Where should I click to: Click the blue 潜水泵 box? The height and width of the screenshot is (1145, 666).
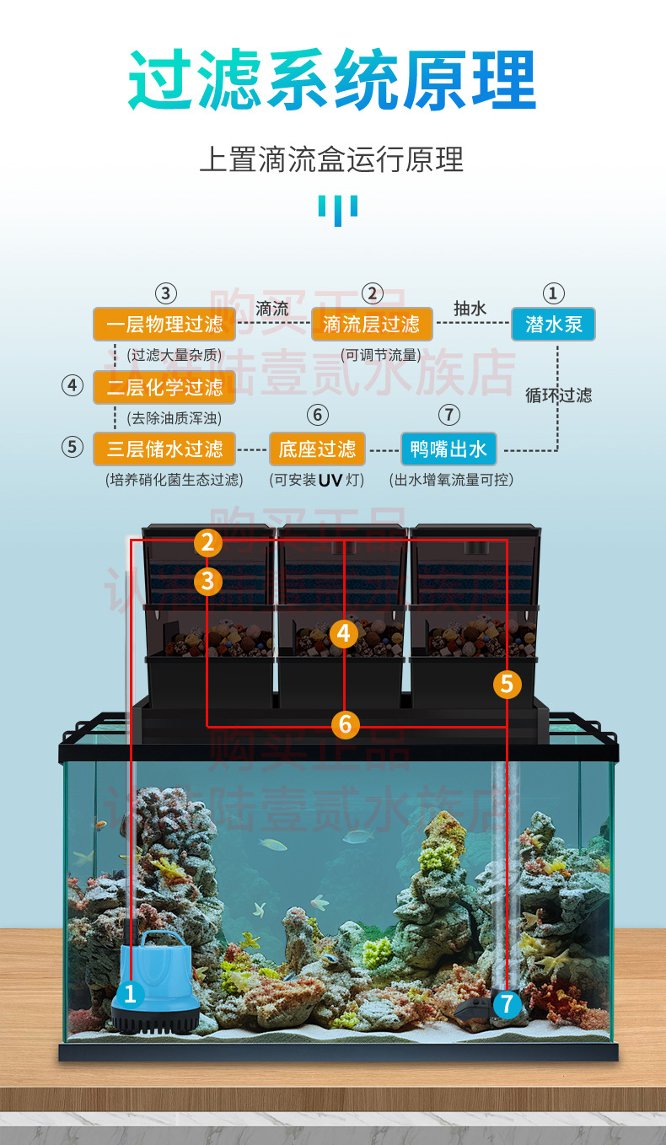(x=553, y=325)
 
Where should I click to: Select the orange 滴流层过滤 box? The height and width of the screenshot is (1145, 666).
(x=372, y=325)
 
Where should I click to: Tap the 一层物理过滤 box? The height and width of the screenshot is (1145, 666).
(x=164, y=325)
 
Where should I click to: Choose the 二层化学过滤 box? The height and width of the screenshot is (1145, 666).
(x=164, y=388)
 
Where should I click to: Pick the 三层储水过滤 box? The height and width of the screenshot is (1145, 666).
(x=164, y=449)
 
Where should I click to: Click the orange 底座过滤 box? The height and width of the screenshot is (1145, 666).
(x=317, y=449)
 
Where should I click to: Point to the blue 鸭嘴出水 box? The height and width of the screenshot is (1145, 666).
(x=448, y=449)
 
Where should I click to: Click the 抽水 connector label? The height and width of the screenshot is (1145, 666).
(x=470, y=309)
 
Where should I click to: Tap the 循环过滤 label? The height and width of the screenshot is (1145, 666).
(x=558, y=395)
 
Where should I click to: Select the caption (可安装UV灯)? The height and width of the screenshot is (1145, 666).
(x=317, y=480)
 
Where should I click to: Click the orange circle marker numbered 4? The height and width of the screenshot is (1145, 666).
(x=343, y=632)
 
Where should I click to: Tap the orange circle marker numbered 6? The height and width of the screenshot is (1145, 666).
(x=345, y=723)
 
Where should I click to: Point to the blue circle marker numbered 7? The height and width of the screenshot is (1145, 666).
(x=506, y=1003)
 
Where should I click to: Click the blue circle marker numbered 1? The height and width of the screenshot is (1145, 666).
(x=130, y=993)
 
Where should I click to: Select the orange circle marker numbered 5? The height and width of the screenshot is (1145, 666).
(x=506, y=684)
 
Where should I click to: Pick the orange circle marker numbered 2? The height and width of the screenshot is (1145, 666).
(x=208, y=543)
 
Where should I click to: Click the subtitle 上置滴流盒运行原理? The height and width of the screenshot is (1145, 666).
(x=332, y=159)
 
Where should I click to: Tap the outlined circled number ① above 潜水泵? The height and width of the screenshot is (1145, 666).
(x=552, y=293)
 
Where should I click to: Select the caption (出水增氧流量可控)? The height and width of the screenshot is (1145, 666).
(x=451, y=480)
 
